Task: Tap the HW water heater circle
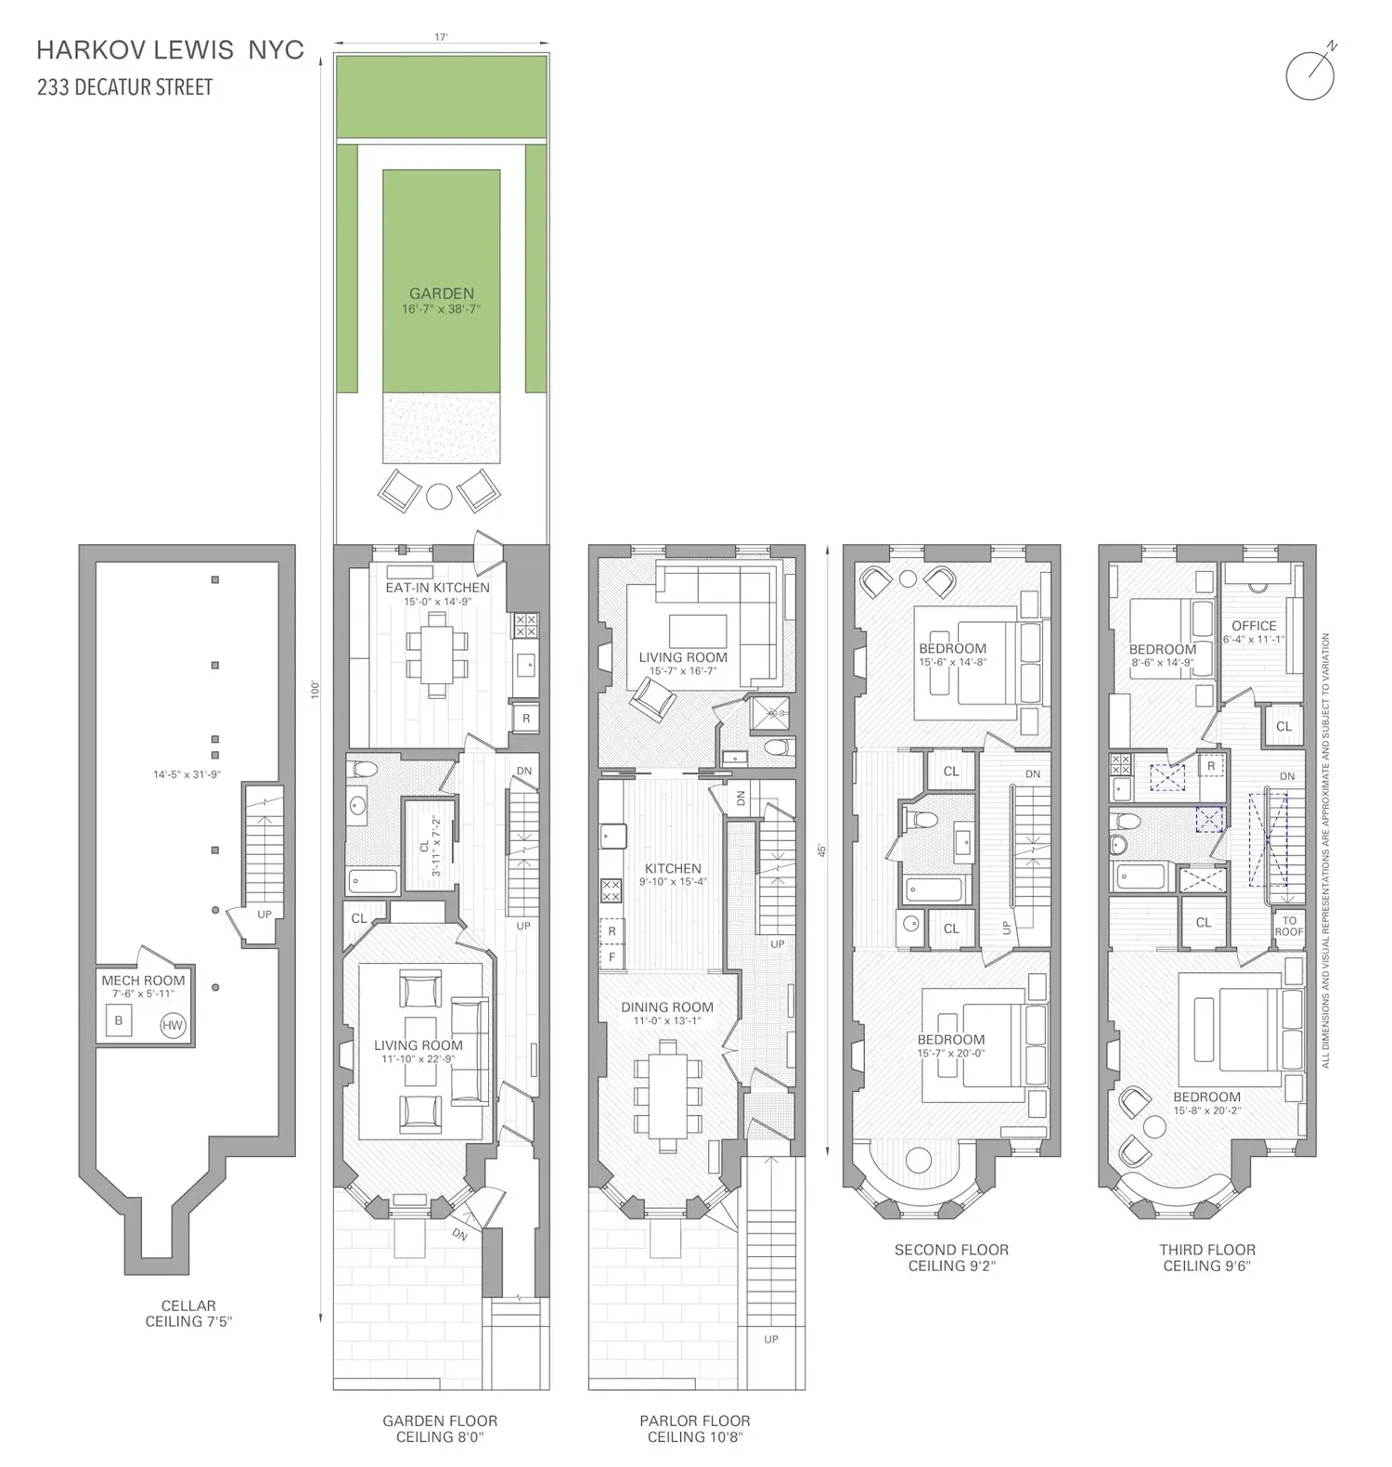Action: tap(173, 1026)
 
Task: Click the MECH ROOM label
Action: tap(143, 980)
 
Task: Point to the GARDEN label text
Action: tap(442, 293)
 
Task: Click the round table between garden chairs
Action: tap(440, 495)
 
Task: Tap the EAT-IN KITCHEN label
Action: tap(438, 588)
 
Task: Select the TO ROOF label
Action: tap(1289, 926)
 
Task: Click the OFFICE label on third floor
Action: tap(1254, 626)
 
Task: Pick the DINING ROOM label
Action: tap(667, 1006)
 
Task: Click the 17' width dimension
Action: tap(441, 37)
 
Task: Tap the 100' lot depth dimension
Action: tap(316, 690)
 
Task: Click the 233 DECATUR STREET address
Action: tap(124, 87)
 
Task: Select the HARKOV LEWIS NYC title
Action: tap(170, 49)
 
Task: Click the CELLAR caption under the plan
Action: tap(188, 1305)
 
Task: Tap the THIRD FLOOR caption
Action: tap(1207, 1250)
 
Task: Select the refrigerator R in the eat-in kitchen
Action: tap(526, 719)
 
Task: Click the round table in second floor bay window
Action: tap(919, 1161)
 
